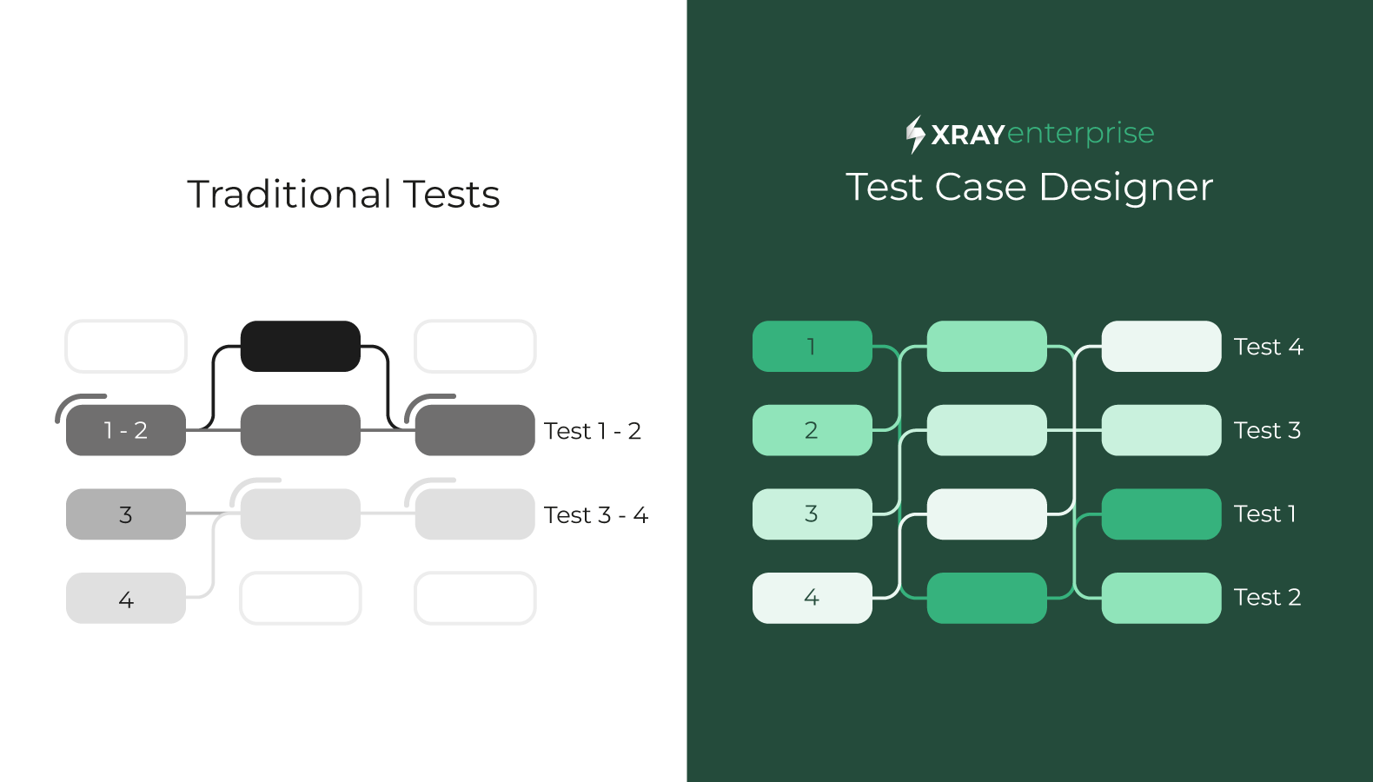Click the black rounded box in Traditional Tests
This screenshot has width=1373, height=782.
point(301,347)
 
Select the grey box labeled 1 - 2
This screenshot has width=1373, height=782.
point(126,430)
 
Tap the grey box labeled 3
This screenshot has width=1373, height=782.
point(126,514)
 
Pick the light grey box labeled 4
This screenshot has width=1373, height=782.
point(126,598)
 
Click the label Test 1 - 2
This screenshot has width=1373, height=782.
point(592,431)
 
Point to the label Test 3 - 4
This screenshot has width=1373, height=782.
point(596,514)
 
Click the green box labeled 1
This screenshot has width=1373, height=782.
point(813,347)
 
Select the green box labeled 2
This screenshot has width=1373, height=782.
point(813,430)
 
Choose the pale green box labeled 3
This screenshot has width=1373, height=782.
point(813,514)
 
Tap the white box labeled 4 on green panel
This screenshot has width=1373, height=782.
point(813,598)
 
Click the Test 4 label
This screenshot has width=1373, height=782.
point(1268,347)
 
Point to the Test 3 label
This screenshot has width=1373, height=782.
point(1267,430)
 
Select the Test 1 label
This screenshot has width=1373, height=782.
point(1264,514)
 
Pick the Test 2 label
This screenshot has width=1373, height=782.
point(1267,597)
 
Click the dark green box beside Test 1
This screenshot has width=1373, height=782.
point(1162,514)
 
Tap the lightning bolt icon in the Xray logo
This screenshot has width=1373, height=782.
point(915,134)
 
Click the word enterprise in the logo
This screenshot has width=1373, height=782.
point(1081,134)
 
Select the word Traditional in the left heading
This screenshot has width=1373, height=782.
point(289,195)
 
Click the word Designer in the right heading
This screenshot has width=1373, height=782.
point(1126,187)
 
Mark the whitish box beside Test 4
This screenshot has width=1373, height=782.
point(1162,347)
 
